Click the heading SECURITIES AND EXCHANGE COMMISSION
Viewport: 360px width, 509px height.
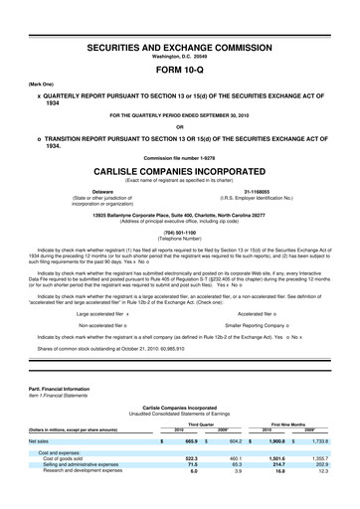click(x=179, y=47)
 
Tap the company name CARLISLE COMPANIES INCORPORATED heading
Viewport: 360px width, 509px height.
click(x=179, y=171)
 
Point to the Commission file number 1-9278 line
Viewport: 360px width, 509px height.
click(x=179, y=157)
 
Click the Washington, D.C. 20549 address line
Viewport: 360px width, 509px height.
click(x=179, y=57)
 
